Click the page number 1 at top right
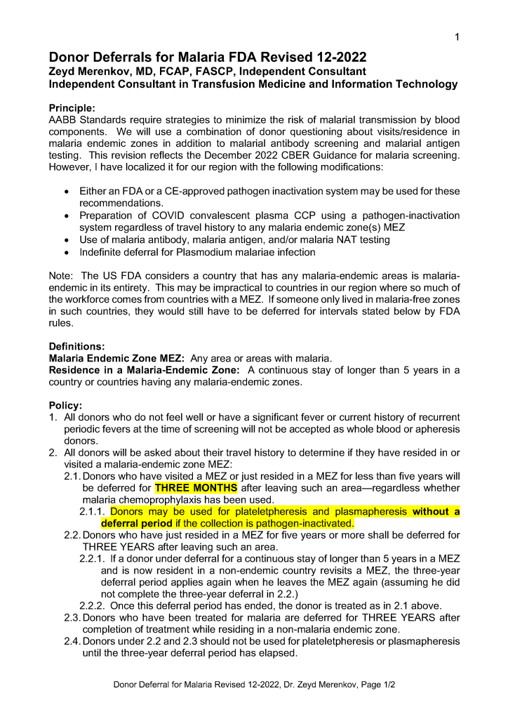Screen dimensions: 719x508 click(457, 37)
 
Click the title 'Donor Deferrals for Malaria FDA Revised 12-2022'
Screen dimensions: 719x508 click(208, 58)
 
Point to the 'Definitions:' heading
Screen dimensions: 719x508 click(76, 346)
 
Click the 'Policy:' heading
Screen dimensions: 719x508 click(65, 406)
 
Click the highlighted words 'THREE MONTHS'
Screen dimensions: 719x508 click(196, 488)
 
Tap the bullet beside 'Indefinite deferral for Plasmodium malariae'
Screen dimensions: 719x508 click(66, 252)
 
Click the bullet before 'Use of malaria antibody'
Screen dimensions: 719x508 click(66, 240)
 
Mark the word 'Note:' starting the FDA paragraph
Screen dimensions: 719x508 click(62, 275)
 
